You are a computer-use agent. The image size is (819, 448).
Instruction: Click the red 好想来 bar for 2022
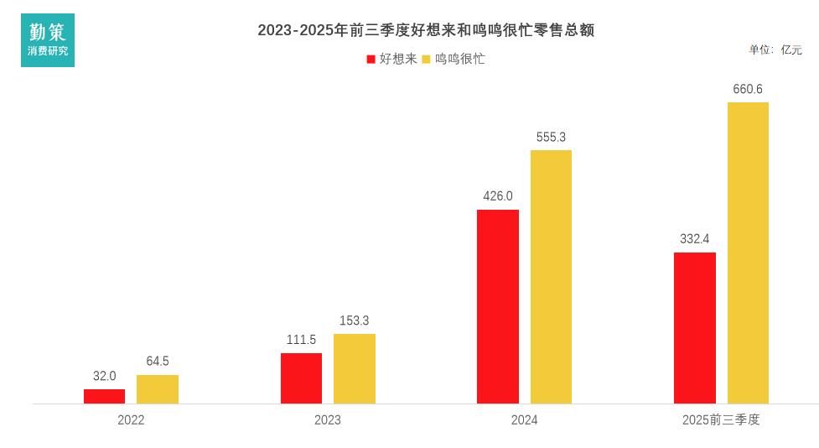coord(104,396)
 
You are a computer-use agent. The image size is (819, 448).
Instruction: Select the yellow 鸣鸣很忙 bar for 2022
coord(158,389)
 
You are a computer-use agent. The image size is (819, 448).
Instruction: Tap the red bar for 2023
coord(301,378)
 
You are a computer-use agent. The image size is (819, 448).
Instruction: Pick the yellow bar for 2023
coord(355,368)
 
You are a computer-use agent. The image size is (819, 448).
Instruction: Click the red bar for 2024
coord(498,306)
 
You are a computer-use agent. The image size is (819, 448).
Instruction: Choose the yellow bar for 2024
coord(551,277)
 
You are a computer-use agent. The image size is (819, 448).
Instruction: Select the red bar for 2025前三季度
coord(695,328)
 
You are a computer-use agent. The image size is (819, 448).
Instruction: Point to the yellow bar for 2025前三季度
coord(748,253)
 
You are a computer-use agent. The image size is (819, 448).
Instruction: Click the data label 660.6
coord(748,89)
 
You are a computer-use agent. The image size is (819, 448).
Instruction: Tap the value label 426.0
coord(498,196)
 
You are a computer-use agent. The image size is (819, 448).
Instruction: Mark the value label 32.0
coord(105,376)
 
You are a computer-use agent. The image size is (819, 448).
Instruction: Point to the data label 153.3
coord(355,320)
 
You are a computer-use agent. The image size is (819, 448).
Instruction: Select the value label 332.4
coord(695,239)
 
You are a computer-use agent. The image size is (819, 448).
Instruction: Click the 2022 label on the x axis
coord(131,419)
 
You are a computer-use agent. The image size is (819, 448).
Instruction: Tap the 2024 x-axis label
coord(525,419)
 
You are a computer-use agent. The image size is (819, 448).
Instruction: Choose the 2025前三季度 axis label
coord(721,419)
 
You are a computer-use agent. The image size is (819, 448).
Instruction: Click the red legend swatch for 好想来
coord(371,60)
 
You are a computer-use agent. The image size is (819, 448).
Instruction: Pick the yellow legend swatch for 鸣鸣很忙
coord(426,60)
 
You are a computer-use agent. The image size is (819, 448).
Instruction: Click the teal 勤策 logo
coord(48,40)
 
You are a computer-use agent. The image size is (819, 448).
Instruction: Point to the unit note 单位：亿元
coord(775,49)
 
